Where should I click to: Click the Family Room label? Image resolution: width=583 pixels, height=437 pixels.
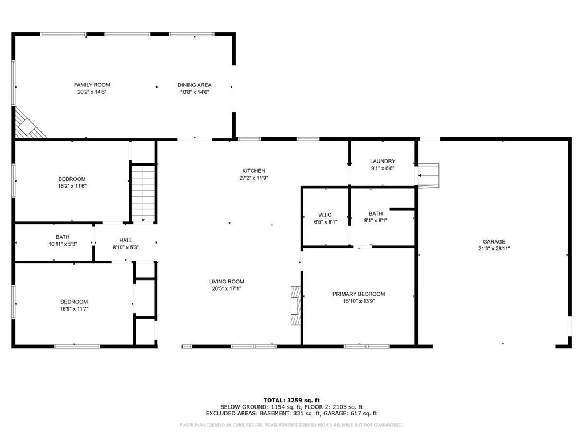click(92, 85)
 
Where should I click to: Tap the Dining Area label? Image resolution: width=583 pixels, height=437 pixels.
click(195, 85)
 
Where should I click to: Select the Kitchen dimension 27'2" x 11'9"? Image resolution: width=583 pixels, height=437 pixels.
click(254, 178)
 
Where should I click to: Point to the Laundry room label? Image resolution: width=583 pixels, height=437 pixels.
click(383, 161)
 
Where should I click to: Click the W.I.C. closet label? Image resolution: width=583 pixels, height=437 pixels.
click(326, 215)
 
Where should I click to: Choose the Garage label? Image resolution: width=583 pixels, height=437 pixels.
click(494, 241)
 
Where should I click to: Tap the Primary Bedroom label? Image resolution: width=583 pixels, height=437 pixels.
click(359, 294)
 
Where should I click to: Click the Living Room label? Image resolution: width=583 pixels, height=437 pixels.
click(227, 282)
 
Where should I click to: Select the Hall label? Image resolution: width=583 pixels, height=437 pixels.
click(126, 241)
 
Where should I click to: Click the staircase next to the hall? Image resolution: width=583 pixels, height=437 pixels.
click(143, 193)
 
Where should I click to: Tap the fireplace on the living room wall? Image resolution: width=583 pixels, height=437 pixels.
click(295, 306)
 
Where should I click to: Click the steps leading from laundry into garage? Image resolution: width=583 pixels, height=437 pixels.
click(428, 175)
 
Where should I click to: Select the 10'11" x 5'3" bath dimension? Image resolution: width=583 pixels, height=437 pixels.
click(63, 244)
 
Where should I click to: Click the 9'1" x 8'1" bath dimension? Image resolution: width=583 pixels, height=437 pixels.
click(376, 221)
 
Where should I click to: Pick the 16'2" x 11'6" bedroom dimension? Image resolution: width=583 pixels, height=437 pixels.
click(72, 186)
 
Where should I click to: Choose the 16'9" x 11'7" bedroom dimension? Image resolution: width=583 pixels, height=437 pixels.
click(74, 309)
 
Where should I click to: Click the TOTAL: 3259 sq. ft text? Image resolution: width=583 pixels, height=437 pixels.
click(291, 400)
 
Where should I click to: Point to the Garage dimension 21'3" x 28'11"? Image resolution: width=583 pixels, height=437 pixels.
click(494, 249)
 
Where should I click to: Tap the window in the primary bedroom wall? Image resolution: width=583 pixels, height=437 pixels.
click(367, 347)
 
